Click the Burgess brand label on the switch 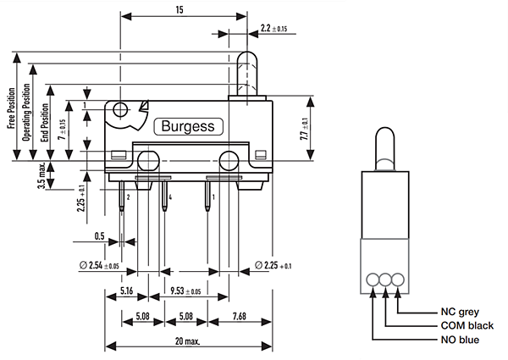click(x=187, y=127)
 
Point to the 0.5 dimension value click(x=100, y=235)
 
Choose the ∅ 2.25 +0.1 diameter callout click(x=275, y=267)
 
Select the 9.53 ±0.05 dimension click(x=182, y=290)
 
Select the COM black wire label click(x=467, y=325)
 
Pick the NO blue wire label click(x=459, y=340)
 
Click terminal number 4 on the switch click(x=170, y=197)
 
